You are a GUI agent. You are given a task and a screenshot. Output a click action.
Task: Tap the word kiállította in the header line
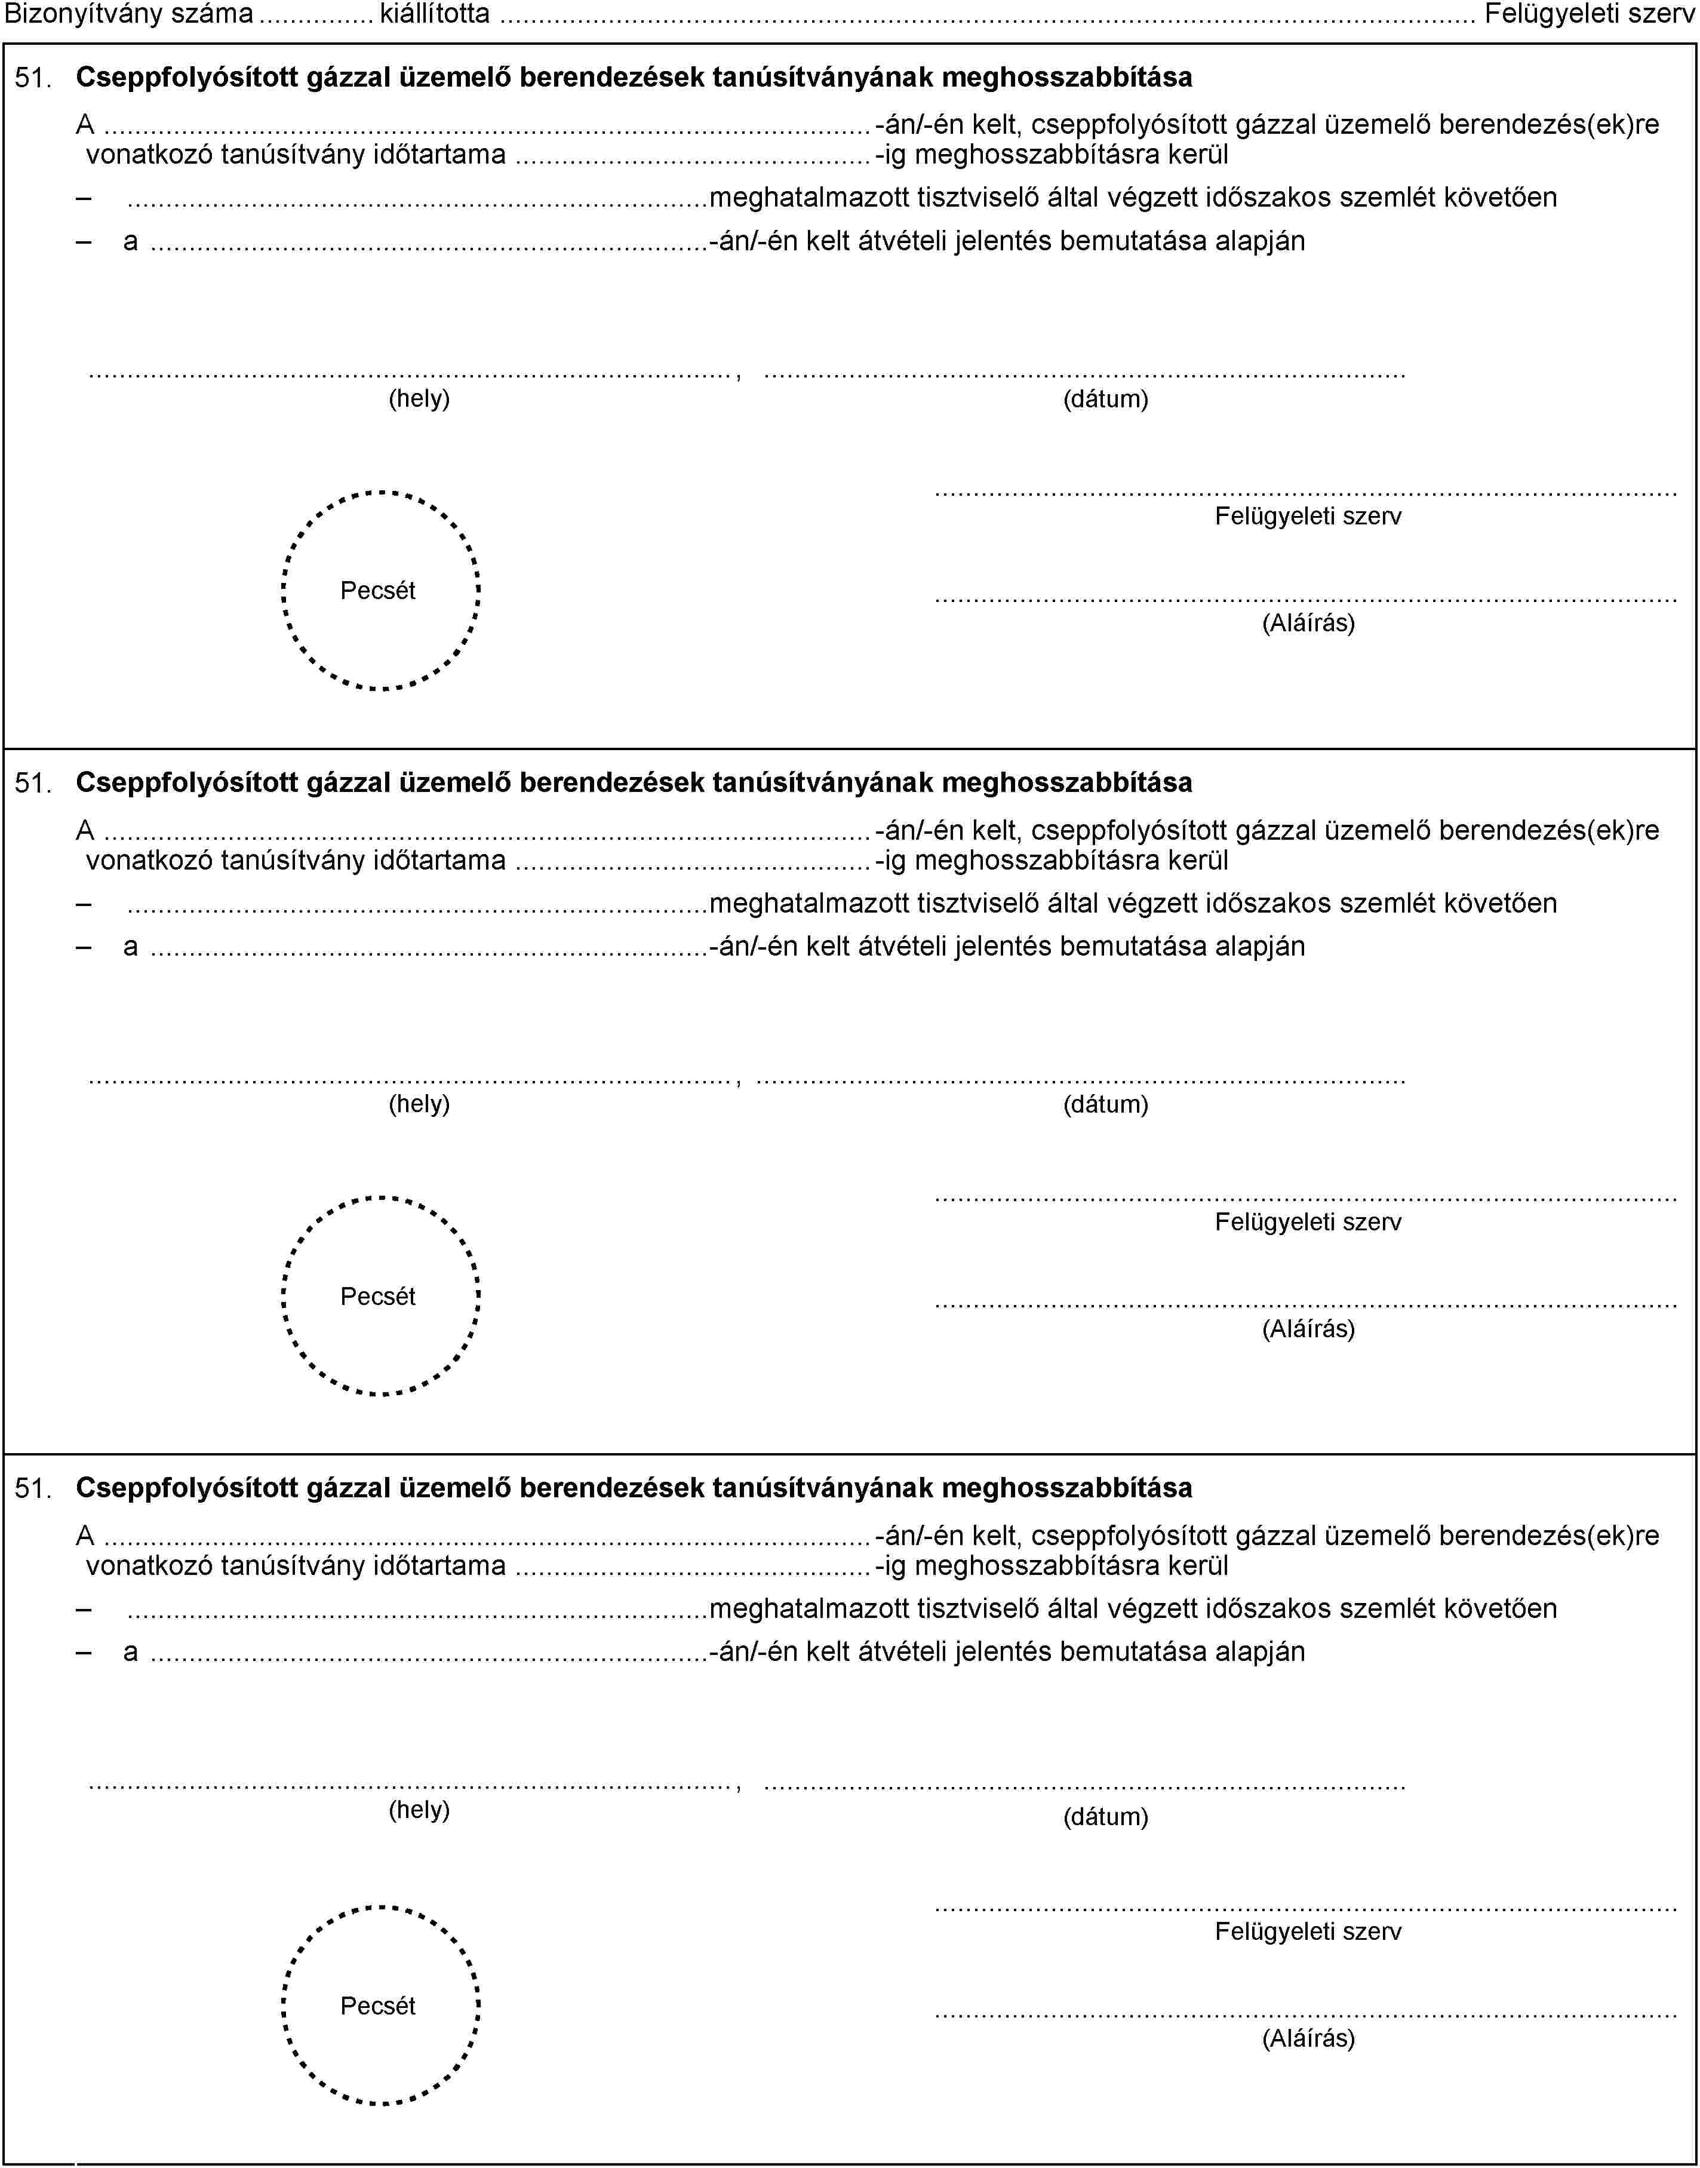(x=435, y=14)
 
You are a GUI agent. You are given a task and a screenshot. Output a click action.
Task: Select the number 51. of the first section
(x=34, y=78)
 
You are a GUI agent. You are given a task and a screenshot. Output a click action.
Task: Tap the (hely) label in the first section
(x=419, y=399)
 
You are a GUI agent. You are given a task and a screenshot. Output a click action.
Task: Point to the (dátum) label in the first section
(x=1106, y=399)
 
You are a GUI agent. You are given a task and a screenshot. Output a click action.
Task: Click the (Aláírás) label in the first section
(x=1308, y=623)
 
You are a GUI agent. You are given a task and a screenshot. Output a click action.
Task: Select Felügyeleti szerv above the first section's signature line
(x=1308, y=515)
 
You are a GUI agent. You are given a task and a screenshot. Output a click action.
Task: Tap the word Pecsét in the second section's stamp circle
(x=378, y=1296)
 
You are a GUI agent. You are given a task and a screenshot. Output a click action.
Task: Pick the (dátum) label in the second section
(x=1106, y=1104)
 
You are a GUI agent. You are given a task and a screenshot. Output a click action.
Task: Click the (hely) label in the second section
(x=419, y=1104)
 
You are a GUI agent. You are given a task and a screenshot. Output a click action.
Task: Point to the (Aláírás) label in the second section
(x=1308, y=1328)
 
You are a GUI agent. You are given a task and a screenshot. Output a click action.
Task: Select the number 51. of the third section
(x=34, y=1489)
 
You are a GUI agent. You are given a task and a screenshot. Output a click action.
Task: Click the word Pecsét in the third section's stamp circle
(x=378, y=2006)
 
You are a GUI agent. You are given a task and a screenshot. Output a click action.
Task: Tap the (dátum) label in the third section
(x=1106, y=1817)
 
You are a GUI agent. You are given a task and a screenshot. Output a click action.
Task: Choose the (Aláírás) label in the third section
(x=1308, y=2038)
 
